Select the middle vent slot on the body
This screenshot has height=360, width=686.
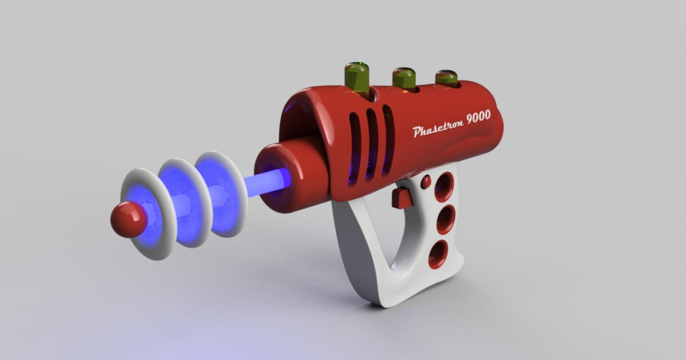[x=372, y=143]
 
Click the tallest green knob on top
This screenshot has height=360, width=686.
[x=357, y=78]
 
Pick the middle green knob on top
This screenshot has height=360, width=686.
[x=404, y=78]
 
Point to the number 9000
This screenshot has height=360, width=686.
[x=478, y=117]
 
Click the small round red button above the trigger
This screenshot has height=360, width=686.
[x=426, y=182]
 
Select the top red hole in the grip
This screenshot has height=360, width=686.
[x=444, y=187]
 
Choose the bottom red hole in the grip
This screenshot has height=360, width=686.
[x=438, y=254]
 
